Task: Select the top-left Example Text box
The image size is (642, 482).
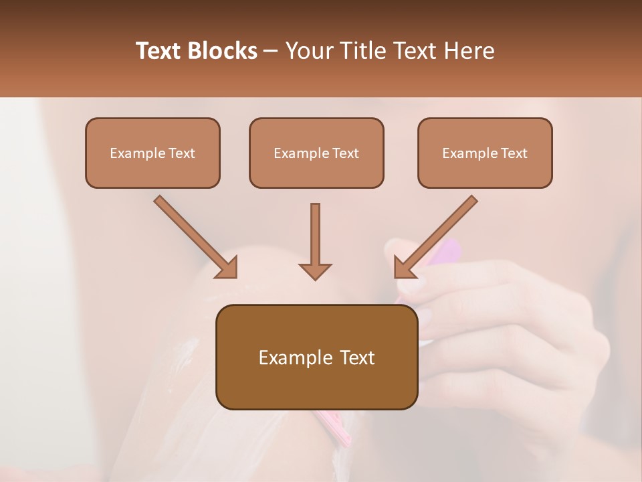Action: click(x=152, y=153)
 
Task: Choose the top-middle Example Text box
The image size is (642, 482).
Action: click(x=316, y=153)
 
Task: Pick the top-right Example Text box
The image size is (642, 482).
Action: click(x=485, y=153)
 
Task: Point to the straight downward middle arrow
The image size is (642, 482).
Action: click(x=315, y=234)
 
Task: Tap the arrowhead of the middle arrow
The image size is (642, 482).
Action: click(x=315, y=270)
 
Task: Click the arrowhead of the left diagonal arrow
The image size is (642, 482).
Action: click(x=227, y=268)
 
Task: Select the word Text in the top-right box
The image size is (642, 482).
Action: click(x=514, y=153)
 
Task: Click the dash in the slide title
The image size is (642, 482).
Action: click(x=271, y=51)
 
